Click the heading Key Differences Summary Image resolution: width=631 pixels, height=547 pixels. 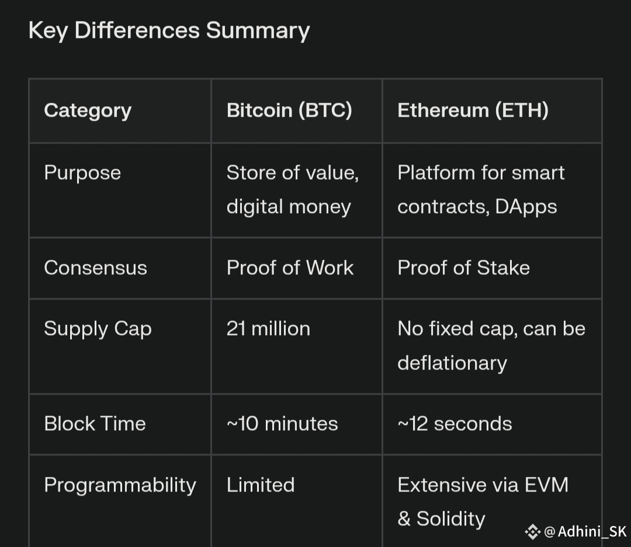pyautogui.click(x=169, y=31)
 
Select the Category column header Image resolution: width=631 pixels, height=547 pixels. pyautogui.click(x=88, y=110)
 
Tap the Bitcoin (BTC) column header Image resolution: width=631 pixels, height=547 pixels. pyautogui.click(x=289, y=110)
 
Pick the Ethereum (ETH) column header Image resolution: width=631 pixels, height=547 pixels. pyautogui.click(x=473, y=110)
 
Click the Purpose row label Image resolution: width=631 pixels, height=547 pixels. pyautogui.click(x=82, y=173)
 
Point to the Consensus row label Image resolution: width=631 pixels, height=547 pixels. pyautogui.click(x=95, y=268)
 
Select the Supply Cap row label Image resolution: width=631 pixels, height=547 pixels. pyautogui.click(x=98, y=329)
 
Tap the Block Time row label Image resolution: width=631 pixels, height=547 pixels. pyautogui.click(x=95, y=423)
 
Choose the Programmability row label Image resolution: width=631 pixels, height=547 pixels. pyautogui.click(x=120, y=486)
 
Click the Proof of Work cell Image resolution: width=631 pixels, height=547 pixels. pyautogui.click(x=290, y=268)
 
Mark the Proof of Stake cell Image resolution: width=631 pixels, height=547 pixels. pyautogui.click(x=463, y=268)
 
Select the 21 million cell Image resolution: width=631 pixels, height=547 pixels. pyautogui.click(x=268, y=329)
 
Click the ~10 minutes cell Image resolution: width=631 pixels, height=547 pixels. pyautogui.click(x=283, y=424)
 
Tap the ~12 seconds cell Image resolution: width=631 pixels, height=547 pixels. pyautogui.click(x=455, y=424)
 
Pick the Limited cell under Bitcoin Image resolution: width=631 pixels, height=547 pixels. pyautogui.click(x=261, y=485)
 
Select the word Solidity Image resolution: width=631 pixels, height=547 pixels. pyautogui.click(x=450, y=519)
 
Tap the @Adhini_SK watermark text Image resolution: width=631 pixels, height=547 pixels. pyautogui.click(x=585, y=532)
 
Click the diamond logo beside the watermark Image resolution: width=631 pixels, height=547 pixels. pyautogui.click(x=532, y=532)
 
